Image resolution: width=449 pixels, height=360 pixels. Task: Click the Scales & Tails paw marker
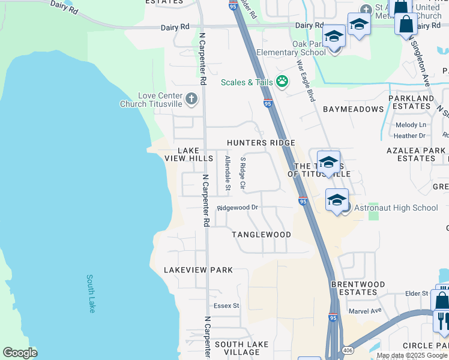(x=282, y=82)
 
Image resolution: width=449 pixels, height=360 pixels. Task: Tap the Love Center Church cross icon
(x=191, y=99)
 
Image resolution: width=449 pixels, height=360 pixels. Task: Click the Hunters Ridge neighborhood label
(x=261, y=143)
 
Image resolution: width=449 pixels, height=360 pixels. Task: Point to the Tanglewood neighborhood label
(x=262, y=235)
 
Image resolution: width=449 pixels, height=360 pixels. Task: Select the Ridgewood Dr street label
(x=238, y=208)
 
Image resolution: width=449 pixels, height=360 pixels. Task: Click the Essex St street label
(x=226, y=305)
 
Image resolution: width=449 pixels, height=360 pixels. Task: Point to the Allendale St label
(x=228, y=173)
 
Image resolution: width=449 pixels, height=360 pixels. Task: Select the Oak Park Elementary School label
(x=291, y=48)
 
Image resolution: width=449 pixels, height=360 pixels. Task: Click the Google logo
(x=20, y=353)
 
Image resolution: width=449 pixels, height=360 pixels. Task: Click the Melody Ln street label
(x=410, y=125)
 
